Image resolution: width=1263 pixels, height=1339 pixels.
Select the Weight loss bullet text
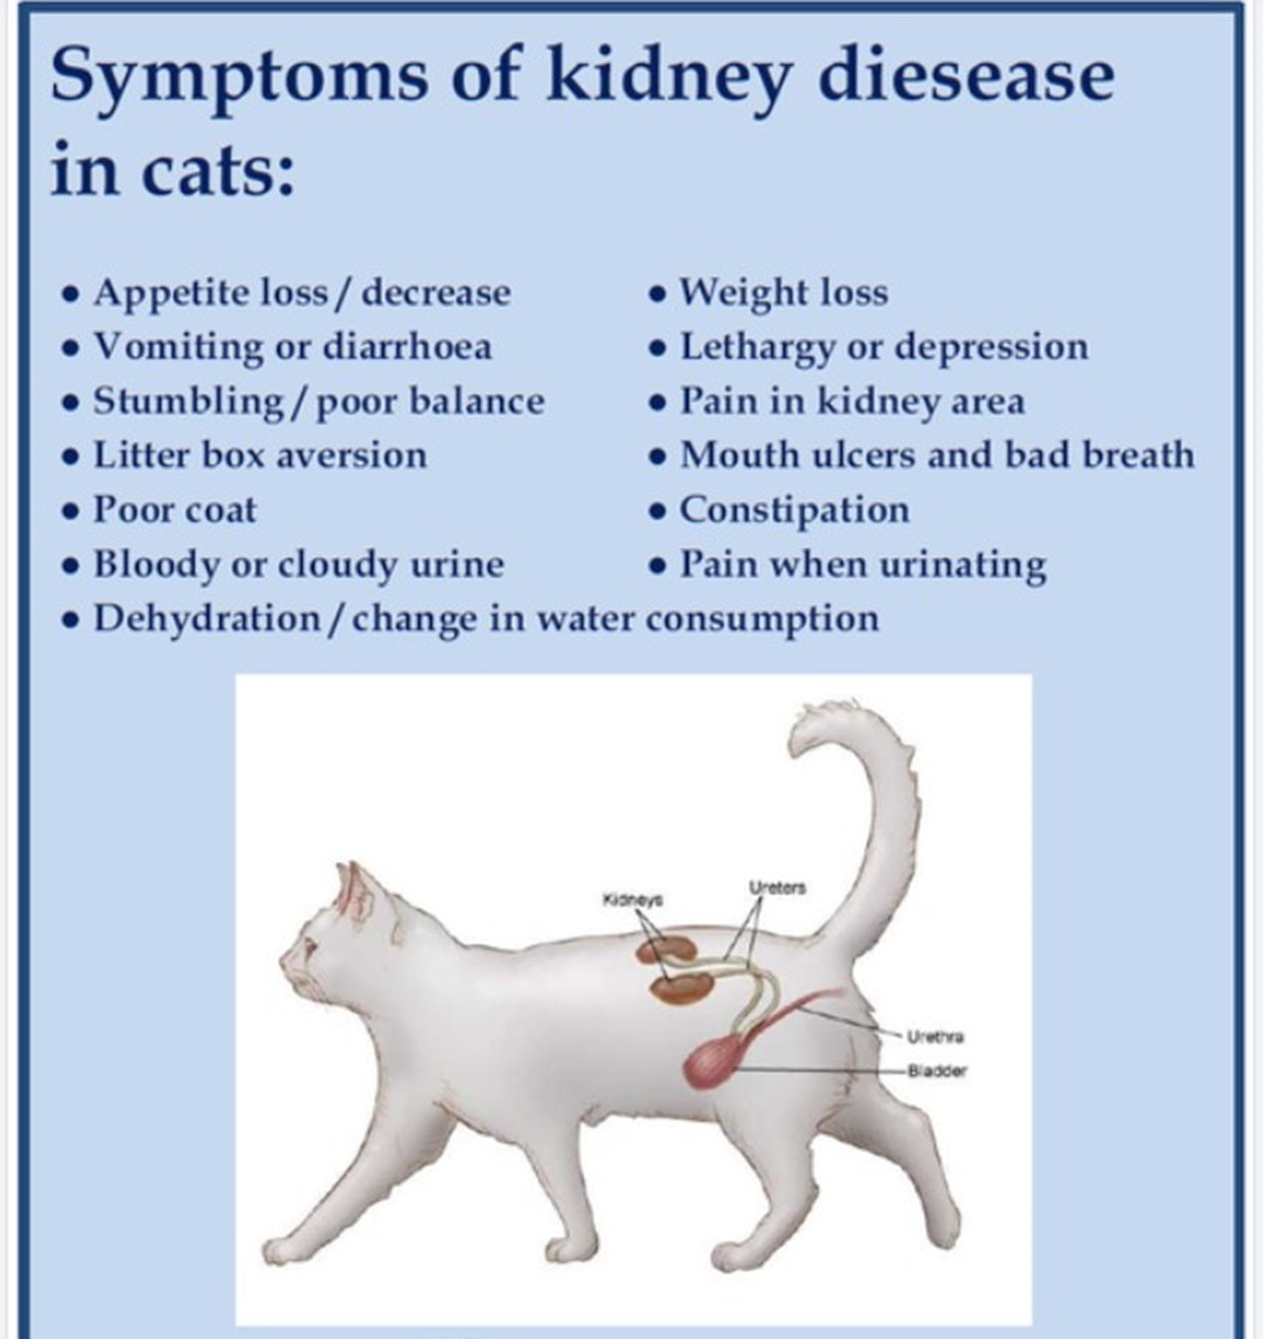(784, 292)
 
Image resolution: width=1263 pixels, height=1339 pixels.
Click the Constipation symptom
(794, 511)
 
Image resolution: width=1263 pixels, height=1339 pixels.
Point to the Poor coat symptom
(174, 510)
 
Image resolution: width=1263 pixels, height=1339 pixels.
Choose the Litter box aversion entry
(260, 455)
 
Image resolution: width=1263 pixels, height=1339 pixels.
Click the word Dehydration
(207, 620)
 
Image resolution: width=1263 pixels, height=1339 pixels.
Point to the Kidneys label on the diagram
(632, 900)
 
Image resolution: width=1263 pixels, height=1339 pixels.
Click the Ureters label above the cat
(778, 888)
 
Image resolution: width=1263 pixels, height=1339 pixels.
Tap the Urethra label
(935, 1036)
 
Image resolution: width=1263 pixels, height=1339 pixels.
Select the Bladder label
(937, 1070)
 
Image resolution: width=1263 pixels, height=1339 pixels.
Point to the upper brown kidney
(667, 948)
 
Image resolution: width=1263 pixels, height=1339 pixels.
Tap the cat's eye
(310, 947)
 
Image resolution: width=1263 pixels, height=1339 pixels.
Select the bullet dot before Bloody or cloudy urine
(70, 566)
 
